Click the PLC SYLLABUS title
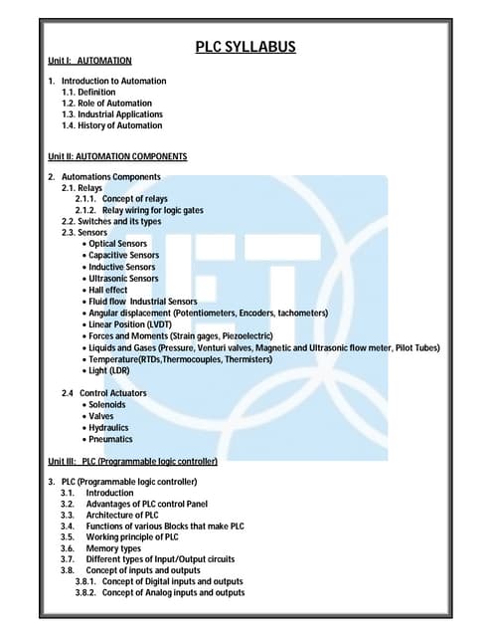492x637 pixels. click(x=245, y=47)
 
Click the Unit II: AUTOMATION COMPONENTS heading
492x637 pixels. click(x=117, y=157)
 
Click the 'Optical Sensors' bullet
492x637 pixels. click(x=117, y=244)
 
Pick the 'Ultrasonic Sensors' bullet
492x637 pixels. click(x=122, y=279)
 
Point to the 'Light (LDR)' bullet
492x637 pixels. click(x=110, y=370)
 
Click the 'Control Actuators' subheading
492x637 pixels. click(x=112, y=393)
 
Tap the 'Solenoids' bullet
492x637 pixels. click(x=106, y=405)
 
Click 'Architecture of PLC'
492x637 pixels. click(x=122, y=515)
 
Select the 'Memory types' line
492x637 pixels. click(x=113, y=548)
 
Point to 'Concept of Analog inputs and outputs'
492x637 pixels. click(x=173, y=593)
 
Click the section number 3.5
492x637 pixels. click(x=67, y=537)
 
